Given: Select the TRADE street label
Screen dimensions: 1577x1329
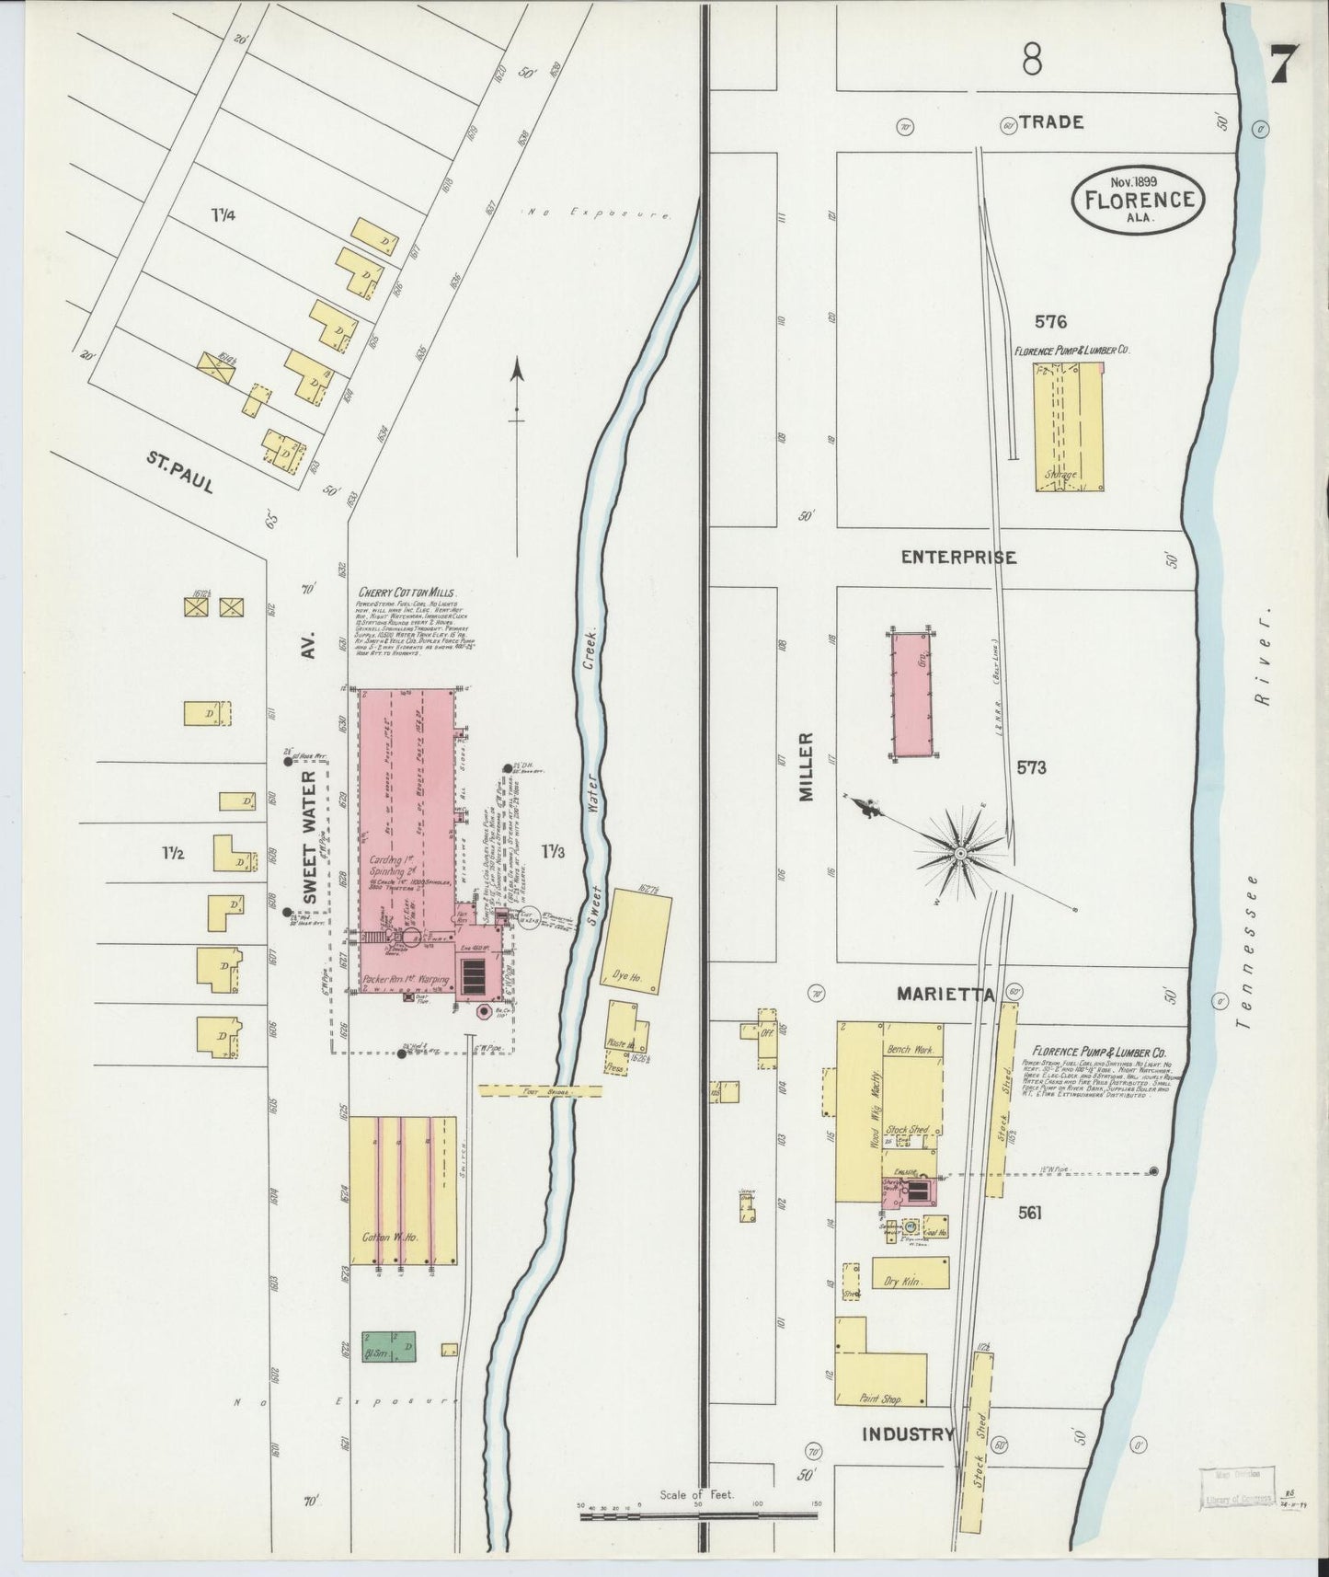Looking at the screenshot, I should pyautogui.click(x=1051, y=121).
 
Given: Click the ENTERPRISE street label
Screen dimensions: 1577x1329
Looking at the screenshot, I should pyautogui.click(x=958, y=558).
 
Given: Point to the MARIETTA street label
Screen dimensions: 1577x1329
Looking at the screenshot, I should pyautogui.click(x=946, y=995).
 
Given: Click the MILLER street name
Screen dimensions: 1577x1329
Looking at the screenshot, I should pyautogui.click(x=807, y=766).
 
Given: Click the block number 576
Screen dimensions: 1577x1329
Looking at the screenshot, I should pyautogui.click(x=1050, y=322).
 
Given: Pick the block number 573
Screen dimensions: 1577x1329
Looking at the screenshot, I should pyautogui.click(x=1031, y=767).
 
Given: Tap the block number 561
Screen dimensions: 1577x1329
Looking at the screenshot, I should pyautogui.click(x=1029, y=1214).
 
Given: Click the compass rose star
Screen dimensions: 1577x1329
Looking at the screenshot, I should pyautogui.click(x=960, y=855).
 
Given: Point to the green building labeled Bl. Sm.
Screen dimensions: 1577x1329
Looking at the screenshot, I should pyautogui.click(x=387, y=1347).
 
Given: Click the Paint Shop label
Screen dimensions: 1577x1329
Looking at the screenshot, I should pyautogui.click(x=879, y=1399).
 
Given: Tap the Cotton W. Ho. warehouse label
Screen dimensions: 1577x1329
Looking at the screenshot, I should pyautogui.click(x=390, y=1237).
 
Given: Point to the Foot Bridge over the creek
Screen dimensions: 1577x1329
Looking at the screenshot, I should pyautogui.click(x=541, y=1090).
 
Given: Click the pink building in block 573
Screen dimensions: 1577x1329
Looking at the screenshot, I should pyautogui.click(x=912, y=695).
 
